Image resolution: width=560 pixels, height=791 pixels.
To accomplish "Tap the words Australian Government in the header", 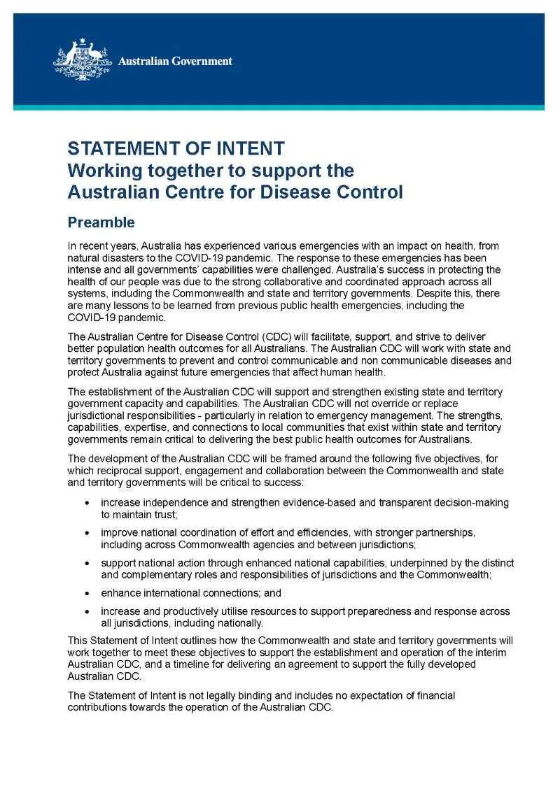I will pyautogui.click(x=175, y=62).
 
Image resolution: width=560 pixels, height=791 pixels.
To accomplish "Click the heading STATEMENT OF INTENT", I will pyautogui.click(x=176, y=148).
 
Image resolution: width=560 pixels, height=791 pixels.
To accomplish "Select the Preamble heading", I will pyautogui.click(x=101, y=222).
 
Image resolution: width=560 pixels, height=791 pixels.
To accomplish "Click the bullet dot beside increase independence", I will pyautogui.click(x=87, y=503).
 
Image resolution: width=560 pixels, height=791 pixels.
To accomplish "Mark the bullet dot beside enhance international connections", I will pyautogui.click(x=87, y=592).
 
